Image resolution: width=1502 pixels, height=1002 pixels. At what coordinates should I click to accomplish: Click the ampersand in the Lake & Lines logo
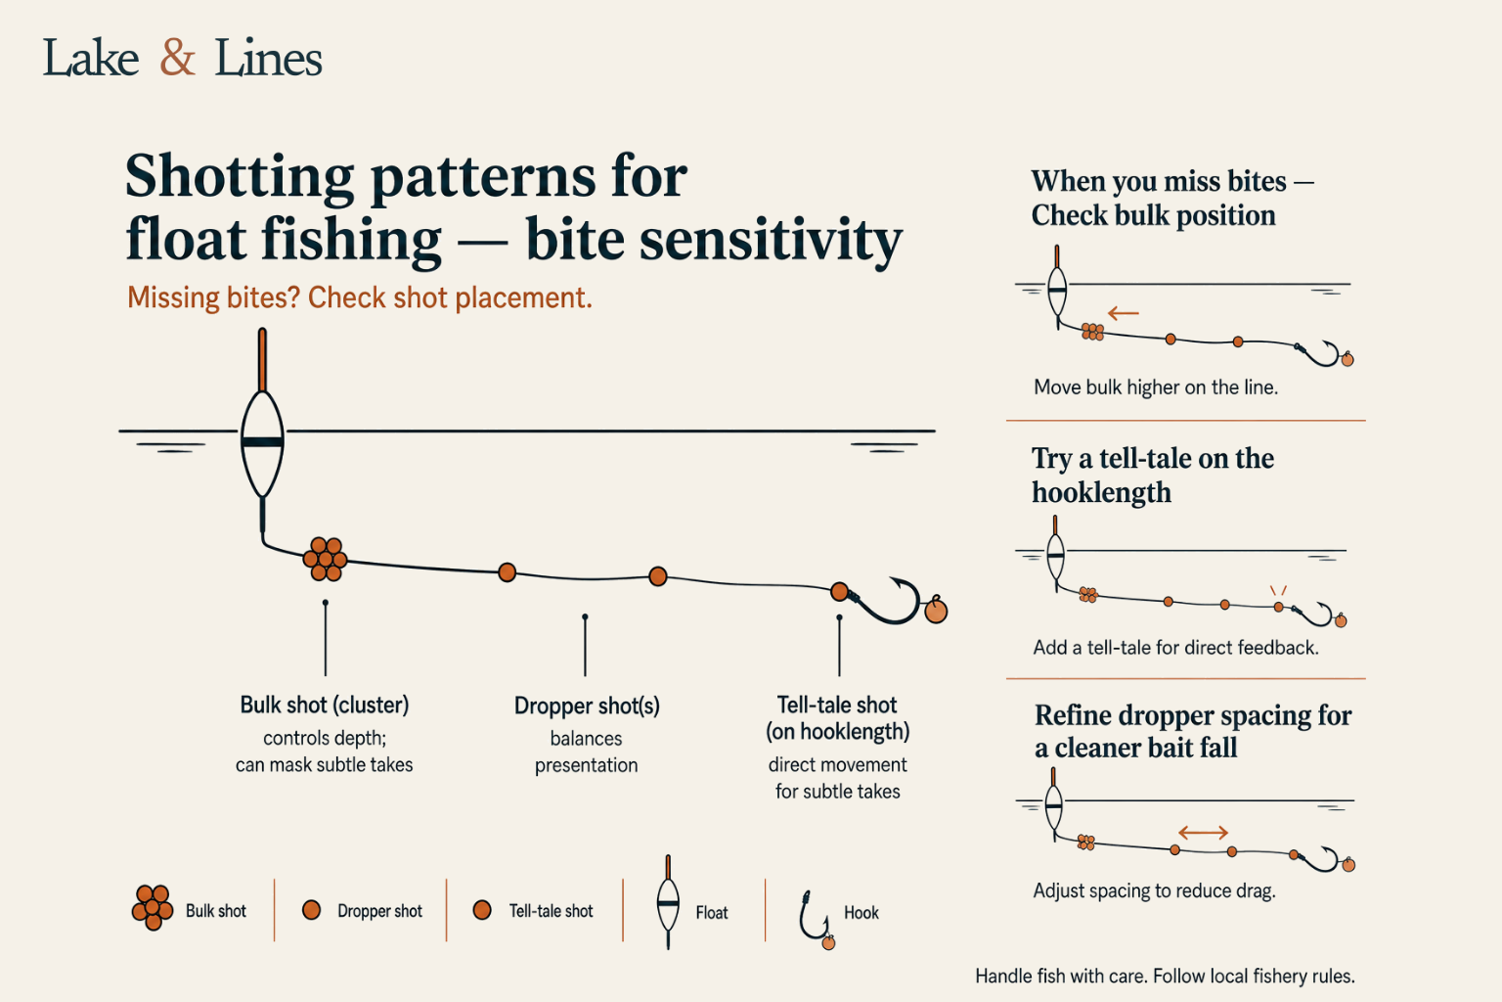(x=177, y=58)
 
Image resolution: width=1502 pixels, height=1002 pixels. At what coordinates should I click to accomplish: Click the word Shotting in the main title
(x=240, y=177)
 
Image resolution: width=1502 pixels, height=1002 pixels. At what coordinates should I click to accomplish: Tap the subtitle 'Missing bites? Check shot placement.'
(x=360, y=297)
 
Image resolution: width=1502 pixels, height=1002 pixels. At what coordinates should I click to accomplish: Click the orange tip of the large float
(x=262, y=360)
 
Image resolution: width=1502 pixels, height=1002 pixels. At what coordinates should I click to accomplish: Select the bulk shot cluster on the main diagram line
(x=326, y=559)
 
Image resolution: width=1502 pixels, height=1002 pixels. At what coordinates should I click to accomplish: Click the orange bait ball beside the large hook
(x=936, y=611)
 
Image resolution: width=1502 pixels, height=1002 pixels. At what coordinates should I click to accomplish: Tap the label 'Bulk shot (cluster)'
(x=325, y=706)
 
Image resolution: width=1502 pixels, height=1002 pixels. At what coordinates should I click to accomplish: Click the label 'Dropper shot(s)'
(x=587, y=706)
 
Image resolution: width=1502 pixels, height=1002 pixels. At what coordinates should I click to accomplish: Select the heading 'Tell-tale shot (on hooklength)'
(x=837, y=718)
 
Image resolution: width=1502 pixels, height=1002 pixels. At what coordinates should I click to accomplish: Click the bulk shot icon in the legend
(x=153, y=907)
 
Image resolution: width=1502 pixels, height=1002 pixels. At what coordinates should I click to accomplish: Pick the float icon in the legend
(x=668, y=901)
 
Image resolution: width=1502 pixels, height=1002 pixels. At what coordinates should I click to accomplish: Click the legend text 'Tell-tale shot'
(x=552, y=911)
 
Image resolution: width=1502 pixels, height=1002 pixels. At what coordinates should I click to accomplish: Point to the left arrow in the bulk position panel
(x=1124, y=313)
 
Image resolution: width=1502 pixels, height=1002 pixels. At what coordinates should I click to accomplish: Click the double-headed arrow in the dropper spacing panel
(x=1203, y=833)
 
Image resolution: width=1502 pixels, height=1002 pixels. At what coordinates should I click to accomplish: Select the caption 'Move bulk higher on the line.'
(x=1156, y=387)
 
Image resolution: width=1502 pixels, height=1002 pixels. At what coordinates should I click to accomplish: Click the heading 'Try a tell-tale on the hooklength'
(x=1153, y=476)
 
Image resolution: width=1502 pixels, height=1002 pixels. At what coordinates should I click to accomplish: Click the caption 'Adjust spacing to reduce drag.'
(x=1154, y=890)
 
